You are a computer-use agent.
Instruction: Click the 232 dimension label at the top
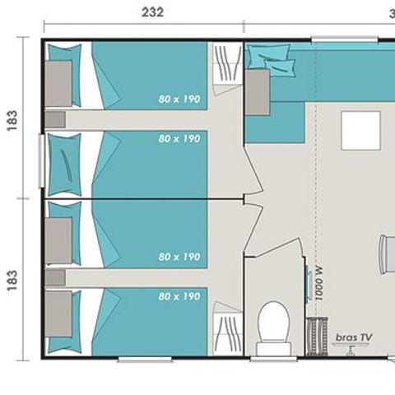pos(153,12)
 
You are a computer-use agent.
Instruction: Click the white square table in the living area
pos(360,130)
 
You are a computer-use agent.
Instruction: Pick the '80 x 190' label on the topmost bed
pos(179,99)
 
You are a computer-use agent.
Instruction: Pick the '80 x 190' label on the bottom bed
pos(179,296)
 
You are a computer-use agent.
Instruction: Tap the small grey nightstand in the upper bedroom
pos(55,119)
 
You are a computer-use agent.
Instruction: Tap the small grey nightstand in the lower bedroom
pos(55,278)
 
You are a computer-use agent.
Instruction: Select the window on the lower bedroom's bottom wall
pos(144,359)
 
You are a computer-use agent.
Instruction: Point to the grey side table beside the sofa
pos(258,91)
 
